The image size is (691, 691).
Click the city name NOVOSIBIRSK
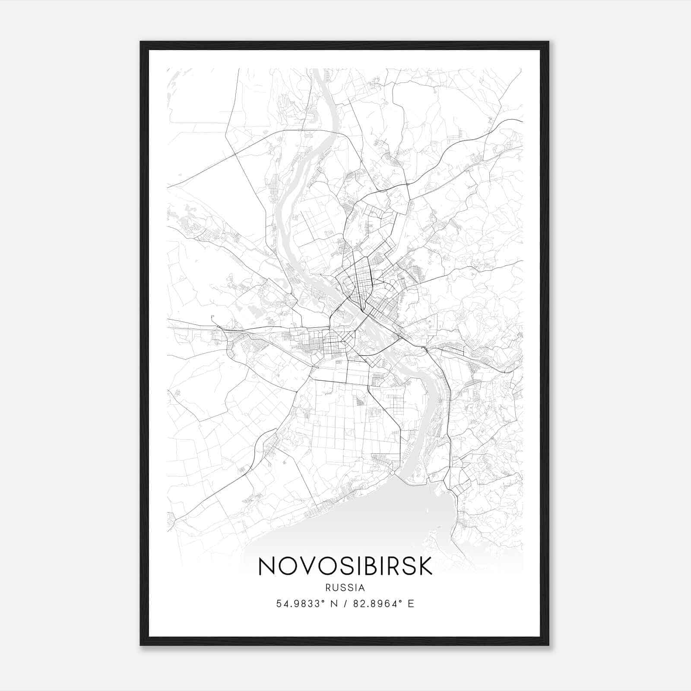point(345,566)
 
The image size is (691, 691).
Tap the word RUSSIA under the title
point(345,588)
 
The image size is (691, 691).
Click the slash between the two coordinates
point(345,604)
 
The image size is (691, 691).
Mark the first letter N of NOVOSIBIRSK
point(266,566)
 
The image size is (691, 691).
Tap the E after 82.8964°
point(411,604)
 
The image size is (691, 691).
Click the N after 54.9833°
point(334,604)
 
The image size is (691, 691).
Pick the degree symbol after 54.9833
point(323,601)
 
